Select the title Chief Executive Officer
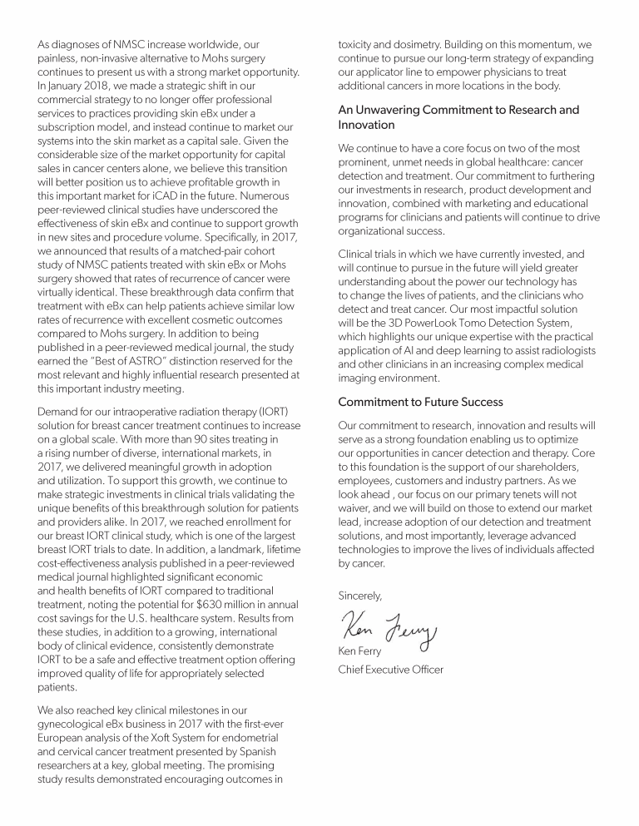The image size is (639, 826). [390, 669]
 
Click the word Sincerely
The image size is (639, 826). [360, 596]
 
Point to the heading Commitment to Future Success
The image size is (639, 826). [420, 401]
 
